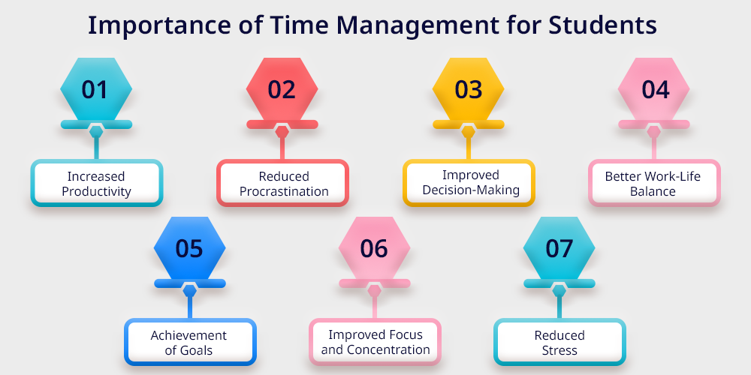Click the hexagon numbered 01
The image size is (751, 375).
click(96, 89)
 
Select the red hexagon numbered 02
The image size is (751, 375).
click(282, 89)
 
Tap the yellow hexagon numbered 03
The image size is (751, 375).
click(468, 89)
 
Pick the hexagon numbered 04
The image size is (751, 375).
click(654, 89)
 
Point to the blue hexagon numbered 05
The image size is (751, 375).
click(190, 247)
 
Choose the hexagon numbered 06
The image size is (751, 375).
click(375, 247)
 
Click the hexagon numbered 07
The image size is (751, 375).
click(559, 247)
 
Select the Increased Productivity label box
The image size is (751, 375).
click(97, 183)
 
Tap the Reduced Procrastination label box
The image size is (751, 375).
click(282, 183)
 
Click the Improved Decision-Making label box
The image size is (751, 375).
click(469, 183)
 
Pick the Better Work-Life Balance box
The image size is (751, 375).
click(654, 183)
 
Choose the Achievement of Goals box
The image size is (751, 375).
click(190, 342)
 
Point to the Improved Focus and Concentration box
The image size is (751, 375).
click(375, 342)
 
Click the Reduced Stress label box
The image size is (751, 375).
click(560, 342)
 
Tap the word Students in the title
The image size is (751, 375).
click(602, 25)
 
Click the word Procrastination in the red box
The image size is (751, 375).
click(284, 191)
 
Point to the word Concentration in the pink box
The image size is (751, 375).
click(388, 349)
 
